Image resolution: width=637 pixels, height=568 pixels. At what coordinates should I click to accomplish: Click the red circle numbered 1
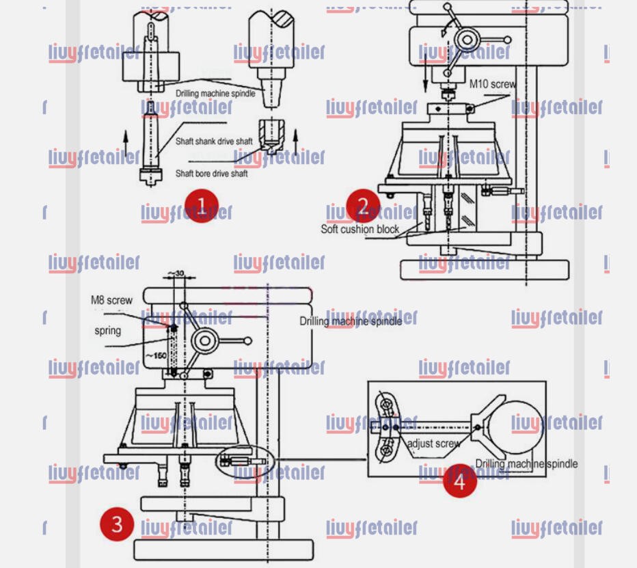coord(201,206)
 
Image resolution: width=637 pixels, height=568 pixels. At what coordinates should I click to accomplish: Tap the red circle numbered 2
coord(363,206)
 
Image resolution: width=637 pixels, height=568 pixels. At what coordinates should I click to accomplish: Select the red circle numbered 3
coord(117,524)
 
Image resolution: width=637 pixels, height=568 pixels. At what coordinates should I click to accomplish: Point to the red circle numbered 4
coord(459,481)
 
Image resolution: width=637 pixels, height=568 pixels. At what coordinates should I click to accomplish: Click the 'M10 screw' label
coord(492,84)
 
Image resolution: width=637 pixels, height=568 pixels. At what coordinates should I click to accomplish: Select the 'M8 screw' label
coord(111,300)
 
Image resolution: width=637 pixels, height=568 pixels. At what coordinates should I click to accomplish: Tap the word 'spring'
coord(107,331)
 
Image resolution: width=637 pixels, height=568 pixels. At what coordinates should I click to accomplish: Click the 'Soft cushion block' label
coord(360,229)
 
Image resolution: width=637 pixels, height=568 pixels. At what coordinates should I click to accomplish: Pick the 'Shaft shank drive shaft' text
coord(213,141)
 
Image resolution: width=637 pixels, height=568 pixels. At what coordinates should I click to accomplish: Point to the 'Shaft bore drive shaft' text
coord(211,174)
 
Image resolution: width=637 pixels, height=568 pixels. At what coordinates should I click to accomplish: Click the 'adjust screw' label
coord(433,444)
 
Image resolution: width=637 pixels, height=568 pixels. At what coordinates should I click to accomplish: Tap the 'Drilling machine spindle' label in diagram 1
coord(215,93)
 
